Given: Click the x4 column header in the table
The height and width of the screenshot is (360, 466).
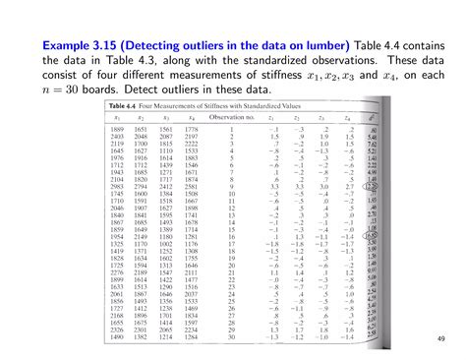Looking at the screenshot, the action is [x=190, y=117].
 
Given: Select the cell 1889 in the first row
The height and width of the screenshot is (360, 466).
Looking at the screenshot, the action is [x=118, y=129].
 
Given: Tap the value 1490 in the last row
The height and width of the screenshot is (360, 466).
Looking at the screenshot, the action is [x=118, y=336].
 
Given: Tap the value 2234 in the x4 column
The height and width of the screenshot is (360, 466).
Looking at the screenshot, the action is [x=191, y=330].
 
